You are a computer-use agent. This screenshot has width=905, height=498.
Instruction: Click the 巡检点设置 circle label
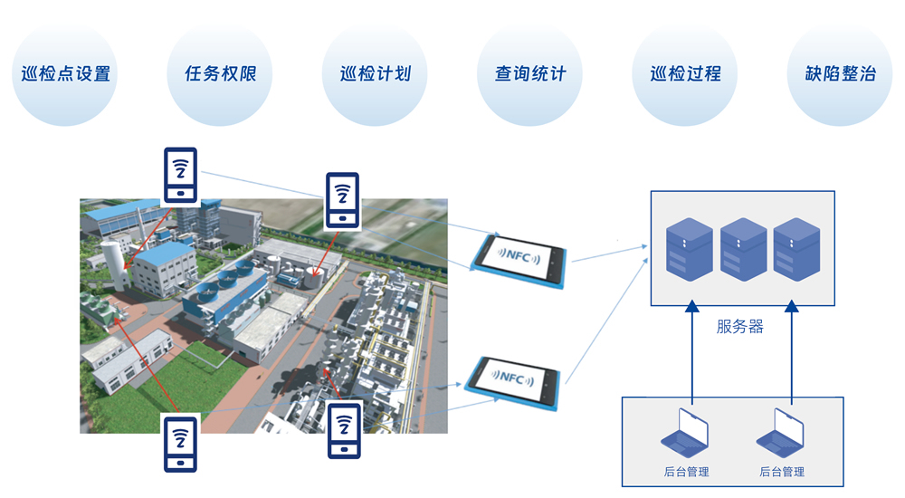click(x=66, y=74)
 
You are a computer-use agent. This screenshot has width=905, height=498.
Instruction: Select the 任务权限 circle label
click(x=221, y=74)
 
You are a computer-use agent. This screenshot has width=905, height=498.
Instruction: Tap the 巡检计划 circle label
click(x=375, y=74)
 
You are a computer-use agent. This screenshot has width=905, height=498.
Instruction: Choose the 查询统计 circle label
click(x=530, y=74)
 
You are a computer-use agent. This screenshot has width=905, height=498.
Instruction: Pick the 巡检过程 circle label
click(x=685, y=74)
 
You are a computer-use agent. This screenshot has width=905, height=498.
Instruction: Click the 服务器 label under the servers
click(x=739, y=327)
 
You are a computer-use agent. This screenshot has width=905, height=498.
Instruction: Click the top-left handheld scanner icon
click(x=180, y=176)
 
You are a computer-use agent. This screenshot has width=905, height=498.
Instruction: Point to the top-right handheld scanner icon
click(x=342, y=200)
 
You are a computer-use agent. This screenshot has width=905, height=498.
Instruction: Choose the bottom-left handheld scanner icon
click(x=180, y=443)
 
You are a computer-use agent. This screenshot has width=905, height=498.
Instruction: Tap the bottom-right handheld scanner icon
click(x=344, y=432)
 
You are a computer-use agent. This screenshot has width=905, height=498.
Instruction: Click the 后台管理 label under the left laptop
click(x=686, y=472)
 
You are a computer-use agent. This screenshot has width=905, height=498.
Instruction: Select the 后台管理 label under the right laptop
click(x=782, y=472)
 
